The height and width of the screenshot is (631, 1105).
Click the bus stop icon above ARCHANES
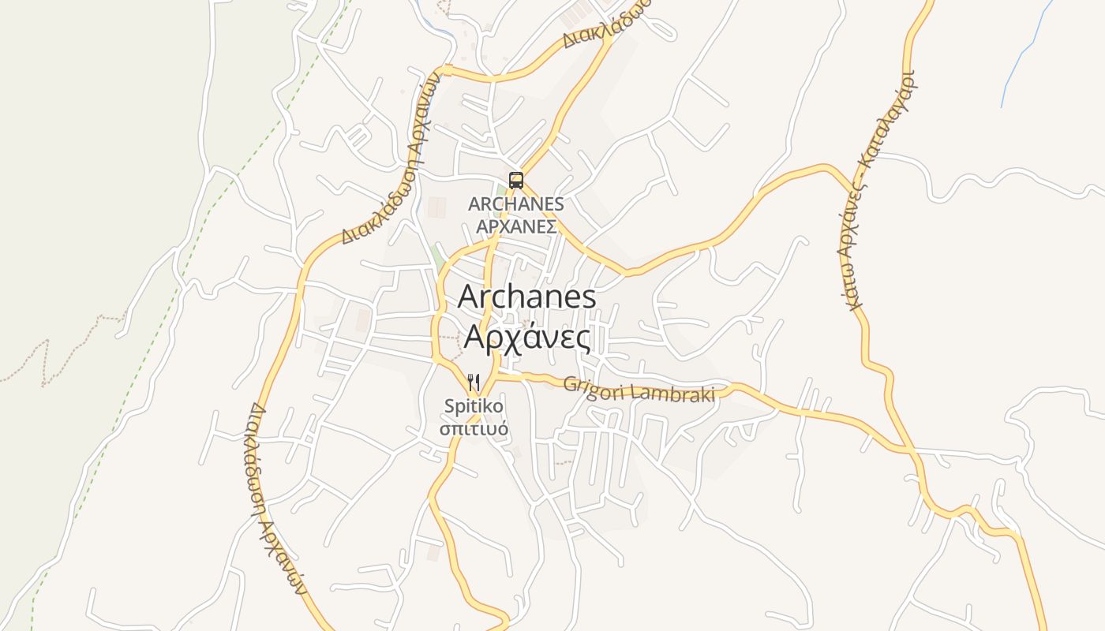[x=515, y=180]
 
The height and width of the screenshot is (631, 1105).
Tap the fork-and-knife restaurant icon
[x=474, y=383]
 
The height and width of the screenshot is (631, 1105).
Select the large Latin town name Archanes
[x=526, y=297]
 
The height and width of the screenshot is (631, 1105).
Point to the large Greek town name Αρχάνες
[x=527, y=337]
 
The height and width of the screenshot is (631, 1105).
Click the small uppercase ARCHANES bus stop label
[x=516, y=204]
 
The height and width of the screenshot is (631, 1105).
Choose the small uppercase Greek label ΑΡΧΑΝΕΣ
[x=516, y=226]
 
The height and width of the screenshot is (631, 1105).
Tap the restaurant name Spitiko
[x=474, y=407]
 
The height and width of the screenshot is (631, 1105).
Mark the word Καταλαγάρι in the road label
[x=892, y=119]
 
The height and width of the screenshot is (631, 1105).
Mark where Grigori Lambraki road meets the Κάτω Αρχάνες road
[x=908, y=450]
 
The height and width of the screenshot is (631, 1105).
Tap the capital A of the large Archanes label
[x=469, y=297]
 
